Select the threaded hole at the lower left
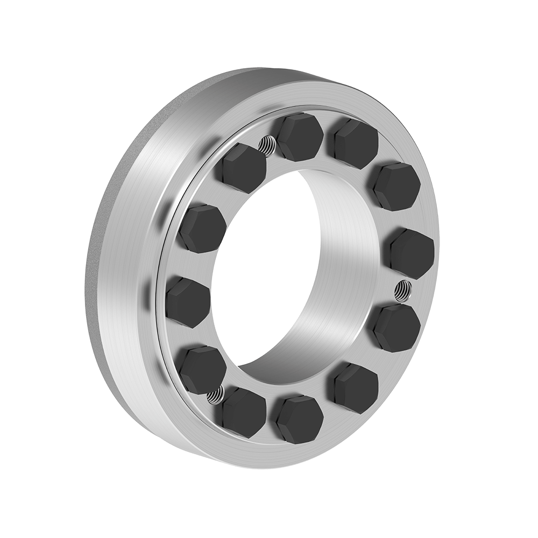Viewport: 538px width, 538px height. [214, 397]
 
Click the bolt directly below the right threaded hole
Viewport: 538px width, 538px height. [397, 327]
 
